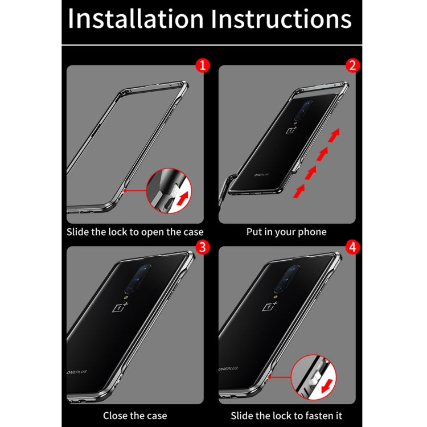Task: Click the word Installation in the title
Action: click(x=136, y=19)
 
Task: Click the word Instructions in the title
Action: click(x=281, y=19)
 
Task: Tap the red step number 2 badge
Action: click(x=353, y=65)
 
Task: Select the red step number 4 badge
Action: click(x=353, y=247)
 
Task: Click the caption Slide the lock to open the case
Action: click(x=135, y=232)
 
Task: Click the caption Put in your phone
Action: click(x=286, y=232)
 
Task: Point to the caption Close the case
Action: click(x=135, y=416)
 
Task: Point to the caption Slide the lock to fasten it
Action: click(x=286, y=416)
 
